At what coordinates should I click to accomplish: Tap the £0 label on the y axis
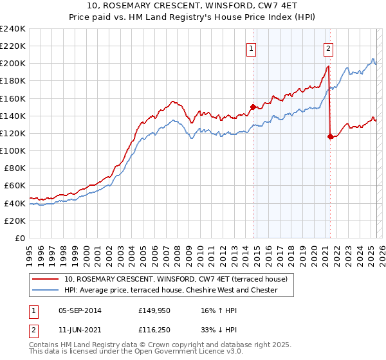pos(21,238)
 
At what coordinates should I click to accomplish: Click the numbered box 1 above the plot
pos(250,48)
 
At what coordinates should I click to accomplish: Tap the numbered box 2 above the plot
pos(328,48)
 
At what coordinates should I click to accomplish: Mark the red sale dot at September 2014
pos(253,107)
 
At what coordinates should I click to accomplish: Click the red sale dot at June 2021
pos(330,136)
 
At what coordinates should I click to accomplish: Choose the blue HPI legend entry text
pos(170,290)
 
